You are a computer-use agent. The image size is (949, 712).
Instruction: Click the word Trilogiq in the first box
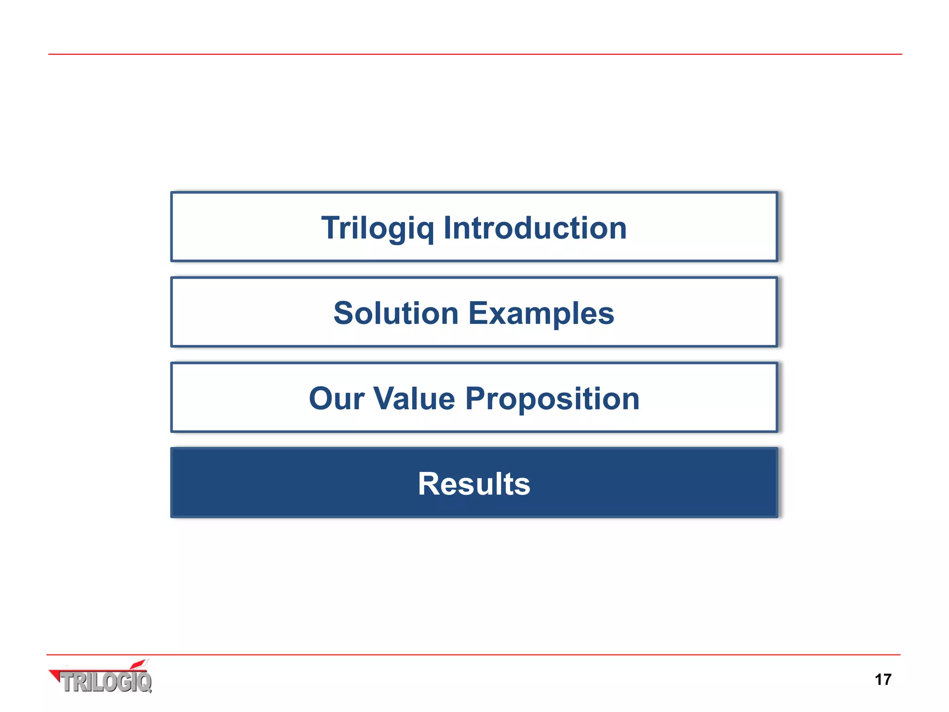378,228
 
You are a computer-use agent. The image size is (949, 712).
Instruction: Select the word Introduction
535,228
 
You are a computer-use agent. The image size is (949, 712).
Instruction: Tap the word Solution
396,313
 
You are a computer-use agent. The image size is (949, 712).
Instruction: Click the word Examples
541,313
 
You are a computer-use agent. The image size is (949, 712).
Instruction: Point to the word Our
336,399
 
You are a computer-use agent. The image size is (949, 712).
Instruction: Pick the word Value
414,399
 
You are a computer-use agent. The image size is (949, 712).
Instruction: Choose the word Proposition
552,399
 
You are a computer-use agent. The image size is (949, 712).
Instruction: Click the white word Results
474,484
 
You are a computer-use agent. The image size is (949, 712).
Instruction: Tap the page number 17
883,680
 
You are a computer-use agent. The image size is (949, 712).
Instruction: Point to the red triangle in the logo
55,675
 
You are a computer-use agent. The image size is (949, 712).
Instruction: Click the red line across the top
474,54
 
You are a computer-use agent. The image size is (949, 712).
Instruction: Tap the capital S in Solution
345,313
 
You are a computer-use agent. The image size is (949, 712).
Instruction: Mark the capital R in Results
429,484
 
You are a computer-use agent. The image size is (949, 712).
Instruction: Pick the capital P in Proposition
476,399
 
